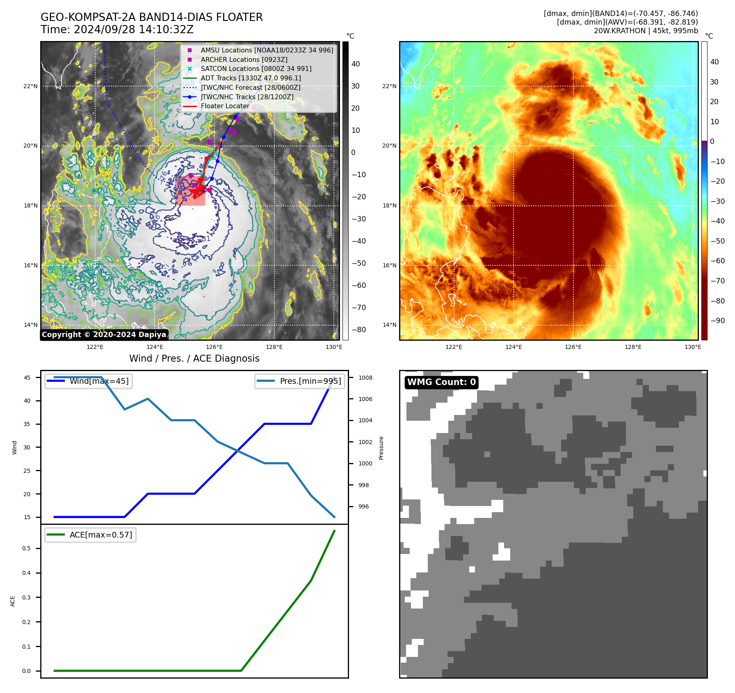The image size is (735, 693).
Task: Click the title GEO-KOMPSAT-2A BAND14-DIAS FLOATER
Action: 151,17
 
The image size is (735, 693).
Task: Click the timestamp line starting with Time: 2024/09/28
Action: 117,30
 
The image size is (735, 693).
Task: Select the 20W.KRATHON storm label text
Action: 646,31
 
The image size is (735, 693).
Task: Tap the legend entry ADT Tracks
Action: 251,78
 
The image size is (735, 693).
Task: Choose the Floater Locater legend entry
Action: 225,106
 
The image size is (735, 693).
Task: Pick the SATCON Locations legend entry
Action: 256,68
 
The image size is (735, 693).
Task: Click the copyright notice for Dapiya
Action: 104,335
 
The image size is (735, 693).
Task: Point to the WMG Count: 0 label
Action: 441,382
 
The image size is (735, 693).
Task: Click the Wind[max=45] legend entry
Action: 99,381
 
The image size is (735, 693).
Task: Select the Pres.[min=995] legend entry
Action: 310,381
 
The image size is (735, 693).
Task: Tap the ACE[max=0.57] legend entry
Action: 101,535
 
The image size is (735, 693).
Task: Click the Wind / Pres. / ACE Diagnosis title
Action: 194,358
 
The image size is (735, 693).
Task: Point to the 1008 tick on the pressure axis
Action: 365,378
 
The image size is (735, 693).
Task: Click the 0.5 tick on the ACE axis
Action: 26,548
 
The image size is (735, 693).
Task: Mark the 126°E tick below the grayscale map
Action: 214,347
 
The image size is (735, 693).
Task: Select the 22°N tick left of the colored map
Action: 389,86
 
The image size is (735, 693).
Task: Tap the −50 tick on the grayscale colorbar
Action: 359,263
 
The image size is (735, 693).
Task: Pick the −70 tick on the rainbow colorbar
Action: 717,281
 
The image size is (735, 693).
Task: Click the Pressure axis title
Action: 381,448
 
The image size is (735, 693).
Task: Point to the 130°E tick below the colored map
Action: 693,347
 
